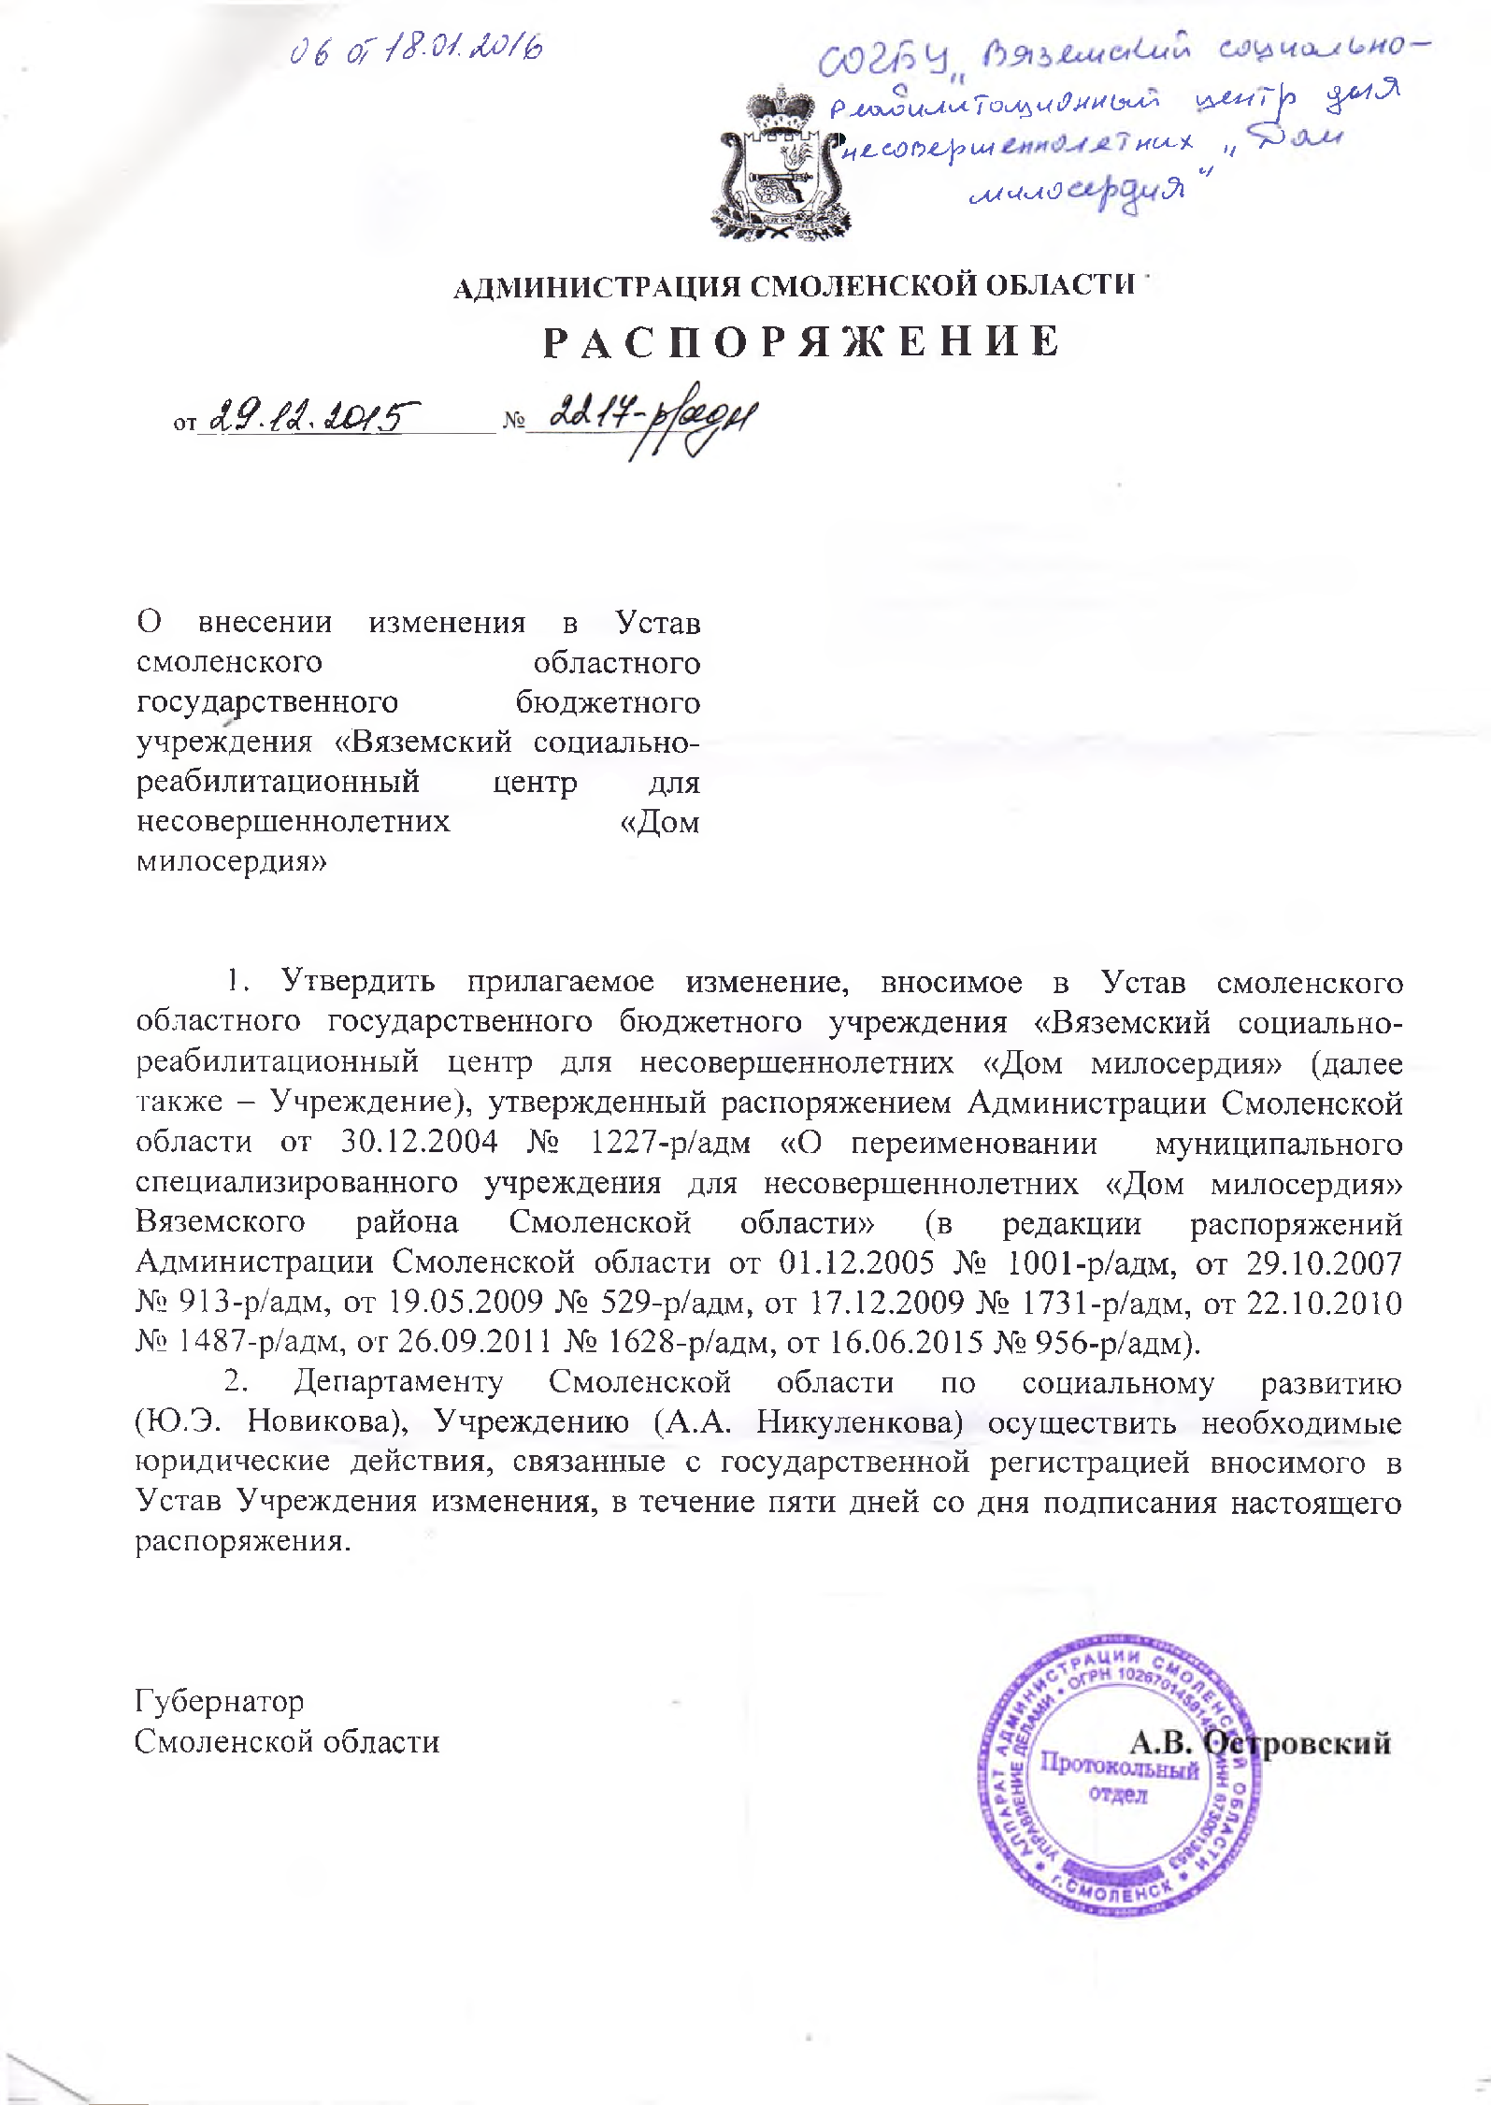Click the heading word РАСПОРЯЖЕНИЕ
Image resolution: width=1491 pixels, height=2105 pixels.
pyautogui.click(x=801, y=343)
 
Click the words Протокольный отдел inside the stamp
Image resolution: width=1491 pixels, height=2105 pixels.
pyautogui.click(x=1119, y=1779)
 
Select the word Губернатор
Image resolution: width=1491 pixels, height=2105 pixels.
pyautogui.click(x=220, y=1701)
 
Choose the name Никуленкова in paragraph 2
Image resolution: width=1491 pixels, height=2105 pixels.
pyautogui.click(x=859, y=1422)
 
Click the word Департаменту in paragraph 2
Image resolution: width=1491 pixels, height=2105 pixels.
pyautogui.click(x=397, y=1382)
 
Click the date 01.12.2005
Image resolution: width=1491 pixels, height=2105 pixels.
pyautogui.click(x=856, y=1262)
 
